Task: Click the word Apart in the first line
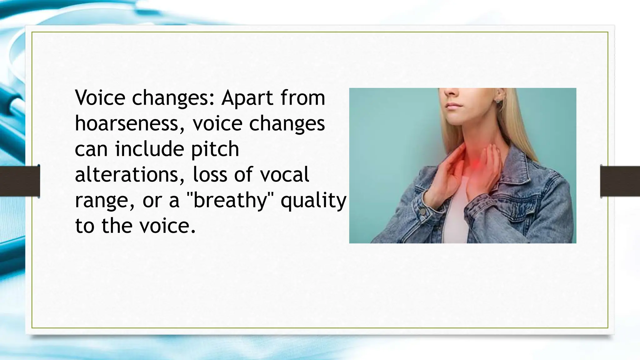pos(247,98)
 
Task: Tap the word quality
pos(313,201)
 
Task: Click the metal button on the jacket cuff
pos(423,212)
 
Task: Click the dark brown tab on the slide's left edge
pos(20,181)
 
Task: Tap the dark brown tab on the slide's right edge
pos(620,181)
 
